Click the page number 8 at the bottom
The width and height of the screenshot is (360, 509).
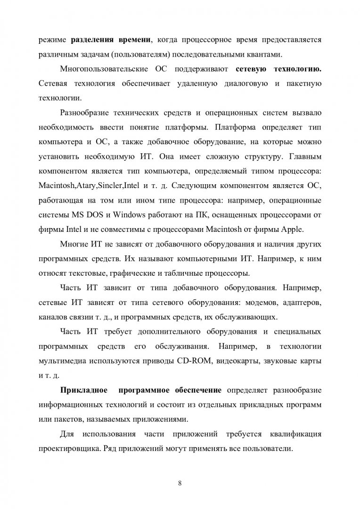coord(180,483)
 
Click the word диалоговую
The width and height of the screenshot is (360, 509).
coord(243,84)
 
